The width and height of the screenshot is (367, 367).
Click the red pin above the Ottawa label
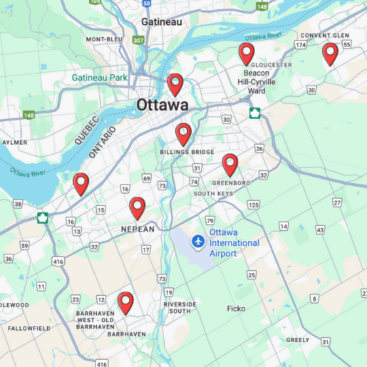pos(175,83)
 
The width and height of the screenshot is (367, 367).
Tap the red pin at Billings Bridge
pos(183,133)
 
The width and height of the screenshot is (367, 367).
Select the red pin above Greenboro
pos(230,163)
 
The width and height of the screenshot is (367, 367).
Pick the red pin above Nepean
pos(137,207)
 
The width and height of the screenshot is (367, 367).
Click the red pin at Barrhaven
pos(125,301)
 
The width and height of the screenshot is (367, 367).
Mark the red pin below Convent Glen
pos(330,52)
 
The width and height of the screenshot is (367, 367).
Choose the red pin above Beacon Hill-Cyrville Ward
pos(246,52)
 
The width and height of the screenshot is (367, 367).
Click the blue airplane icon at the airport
pos(198,241)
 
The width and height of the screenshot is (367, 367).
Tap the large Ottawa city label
pos(162,105)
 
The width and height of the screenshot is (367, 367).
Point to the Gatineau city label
pos(162,22)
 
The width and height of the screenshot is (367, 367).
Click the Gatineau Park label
pos(100,77)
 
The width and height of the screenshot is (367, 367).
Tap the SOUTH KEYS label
pos(213,194)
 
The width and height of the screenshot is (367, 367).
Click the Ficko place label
pos(236,309)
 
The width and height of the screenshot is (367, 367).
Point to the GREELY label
pos(298,340)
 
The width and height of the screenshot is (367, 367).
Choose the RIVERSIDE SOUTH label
pos(180,307)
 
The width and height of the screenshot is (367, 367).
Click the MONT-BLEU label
pos(104,39)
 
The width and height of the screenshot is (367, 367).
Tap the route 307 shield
pos(139,40)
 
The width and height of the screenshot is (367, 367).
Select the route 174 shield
pos(300,45)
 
